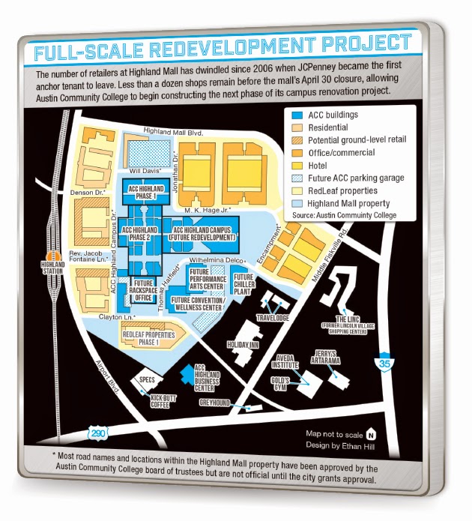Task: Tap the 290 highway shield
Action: pyautogui.click(x=97, y=433)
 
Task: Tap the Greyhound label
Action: pyautogui.click(x=216, y=403)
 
